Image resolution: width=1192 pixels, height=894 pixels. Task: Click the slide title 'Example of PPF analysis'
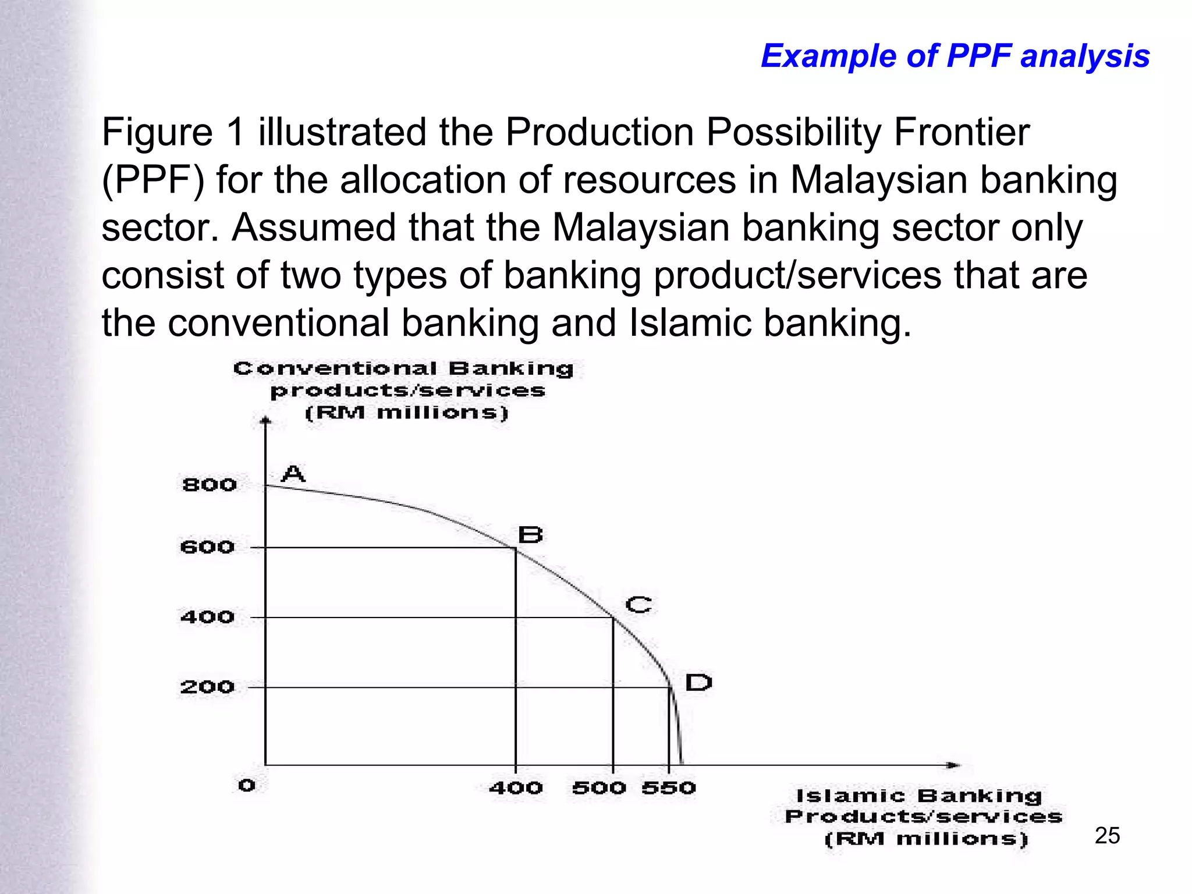click(x=955, y=56)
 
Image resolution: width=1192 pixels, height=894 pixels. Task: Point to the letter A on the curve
click(x=293, y=474)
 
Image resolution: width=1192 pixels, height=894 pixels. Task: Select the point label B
click(x=530, y=534)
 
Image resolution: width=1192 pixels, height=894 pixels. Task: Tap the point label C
click(x=638, y=605)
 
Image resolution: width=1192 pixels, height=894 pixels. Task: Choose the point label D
click(x=698, y=682)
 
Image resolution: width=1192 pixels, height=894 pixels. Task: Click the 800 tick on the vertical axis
click(x=210, y=485)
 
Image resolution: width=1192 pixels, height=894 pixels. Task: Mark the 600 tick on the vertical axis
click(x=207, y=547)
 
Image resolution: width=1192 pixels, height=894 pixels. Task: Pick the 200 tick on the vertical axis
click(x=207, y=687)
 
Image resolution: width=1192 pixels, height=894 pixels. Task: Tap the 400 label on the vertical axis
click(x=207, y=617)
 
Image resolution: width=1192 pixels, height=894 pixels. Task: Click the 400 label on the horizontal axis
click(x=516, y=788)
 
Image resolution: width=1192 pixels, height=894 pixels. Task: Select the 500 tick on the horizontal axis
click(x=599, y=788)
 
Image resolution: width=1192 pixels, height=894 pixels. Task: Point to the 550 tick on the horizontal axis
click(x=669, y=788)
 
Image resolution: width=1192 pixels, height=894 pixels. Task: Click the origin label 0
click(x=247, y=786)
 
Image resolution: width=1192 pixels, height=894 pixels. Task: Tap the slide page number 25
click(x=1107, y=836)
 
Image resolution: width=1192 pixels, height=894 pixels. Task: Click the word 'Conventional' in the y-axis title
click(x=335, y=368)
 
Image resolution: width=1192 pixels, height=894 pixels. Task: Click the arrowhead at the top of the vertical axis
click(x=265, y=420)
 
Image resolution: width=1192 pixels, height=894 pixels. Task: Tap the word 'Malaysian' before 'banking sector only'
click(x=640, y=227)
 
